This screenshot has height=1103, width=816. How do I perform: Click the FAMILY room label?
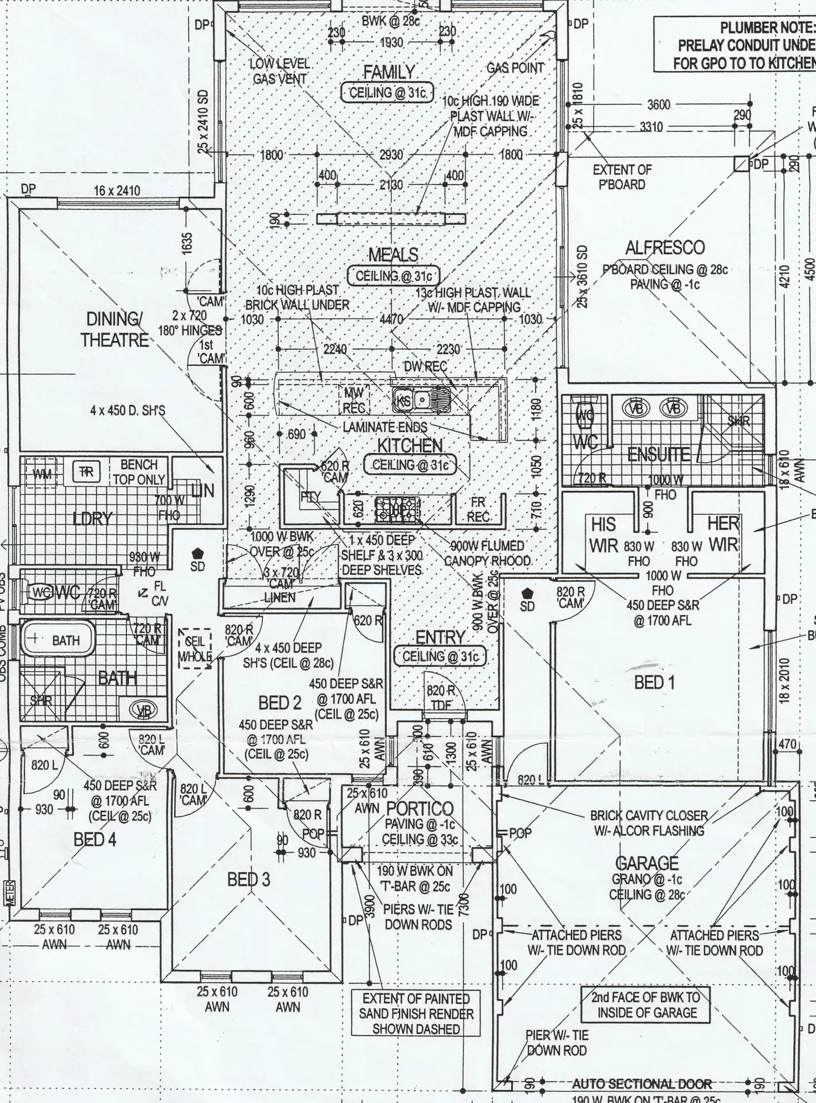(389, 72)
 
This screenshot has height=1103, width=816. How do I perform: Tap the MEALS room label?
(393, 255)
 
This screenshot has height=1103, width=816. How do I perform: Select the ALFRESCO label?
(665, 247)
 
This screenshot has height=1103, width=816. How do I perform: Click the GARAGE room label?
(647, 862)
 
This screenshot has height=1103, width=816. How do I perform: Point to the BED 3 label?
(248, 879)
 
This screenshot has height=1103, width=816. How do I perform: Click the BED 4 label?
(95, 839)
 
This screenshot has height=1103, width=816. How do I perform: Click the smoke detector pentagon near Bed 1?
(527, 593)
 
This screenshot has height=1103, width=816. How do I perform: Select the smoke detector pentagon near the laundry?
(197, 553)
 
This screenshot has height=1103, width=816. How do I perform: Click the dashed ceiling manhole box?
(195, 648)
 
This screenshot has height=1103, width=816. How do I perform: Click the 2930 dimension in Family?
(391, 155)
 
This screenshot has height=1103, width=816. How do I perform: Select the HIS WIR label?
(603, 535)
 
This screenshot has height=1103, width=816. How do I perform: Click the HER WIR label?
(723, 533)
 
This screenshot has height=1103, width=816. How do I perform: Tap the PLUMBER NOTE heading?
(767, 27)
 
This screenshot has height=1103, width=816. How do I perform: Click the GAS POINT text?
(515, 68)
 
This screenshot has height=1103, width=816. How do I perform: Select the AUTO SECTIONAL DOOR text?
(641, 1084)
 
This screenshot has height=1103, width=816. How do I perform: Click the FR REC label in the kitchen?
(478, 510)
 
